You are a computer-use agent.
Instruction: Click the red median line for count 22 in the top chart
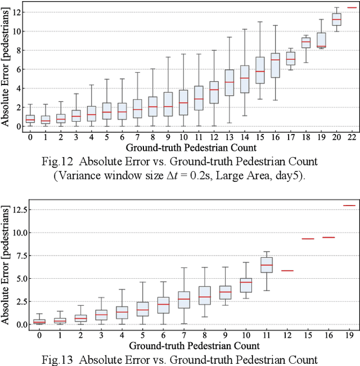(351, 7)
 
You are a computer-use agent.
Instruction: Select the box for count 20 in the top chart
(336, 20)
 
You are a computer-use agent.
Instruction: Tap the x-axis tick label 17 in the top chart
(290, 136)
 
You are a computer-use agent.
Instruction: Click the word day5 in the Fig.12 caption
(292, 176)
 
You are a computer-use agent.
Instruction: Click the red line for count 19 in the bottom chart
(349, 206)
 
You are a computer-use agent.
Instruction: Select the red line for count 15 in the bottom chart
(307, 239)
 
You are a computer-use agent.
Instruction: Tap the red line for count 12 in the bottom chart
(287, 271)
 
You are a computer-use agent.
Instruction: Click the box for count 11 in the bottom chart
(267, 265)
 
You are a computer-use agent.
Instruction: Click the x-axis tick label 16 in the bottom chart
(328, 336)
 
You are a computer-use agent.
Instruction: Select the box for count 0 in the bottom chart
(39, 322)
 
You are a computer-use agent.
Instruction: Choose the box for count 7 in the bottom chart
(184, 300)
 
